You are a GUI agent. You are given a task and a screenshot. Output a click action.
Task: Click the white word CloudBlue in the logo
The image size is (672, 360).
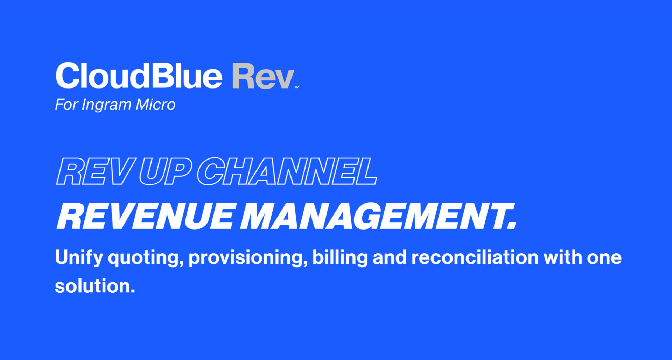coord(139,76)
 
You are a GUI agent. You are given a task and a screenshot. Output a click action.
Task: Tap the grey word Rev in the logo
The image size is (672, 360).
coord(263,76)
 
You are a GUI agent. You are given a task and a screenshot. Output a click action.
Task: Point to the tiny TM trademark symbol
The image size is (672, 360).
coord(297,87)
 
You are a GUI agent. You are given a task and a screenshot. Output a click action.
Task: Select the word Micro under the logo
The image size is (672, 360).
coord(155,104)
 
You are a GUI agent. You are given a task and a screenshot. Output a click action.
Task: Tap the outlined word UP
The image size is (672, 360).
coord(165,171)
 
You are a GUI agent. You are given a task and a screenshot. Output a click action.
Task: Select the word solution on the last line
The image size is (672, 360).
coord(95,286)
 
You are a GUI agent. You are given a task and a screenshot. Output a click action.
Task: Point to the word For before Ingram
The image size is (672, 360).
coord(66,104)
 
